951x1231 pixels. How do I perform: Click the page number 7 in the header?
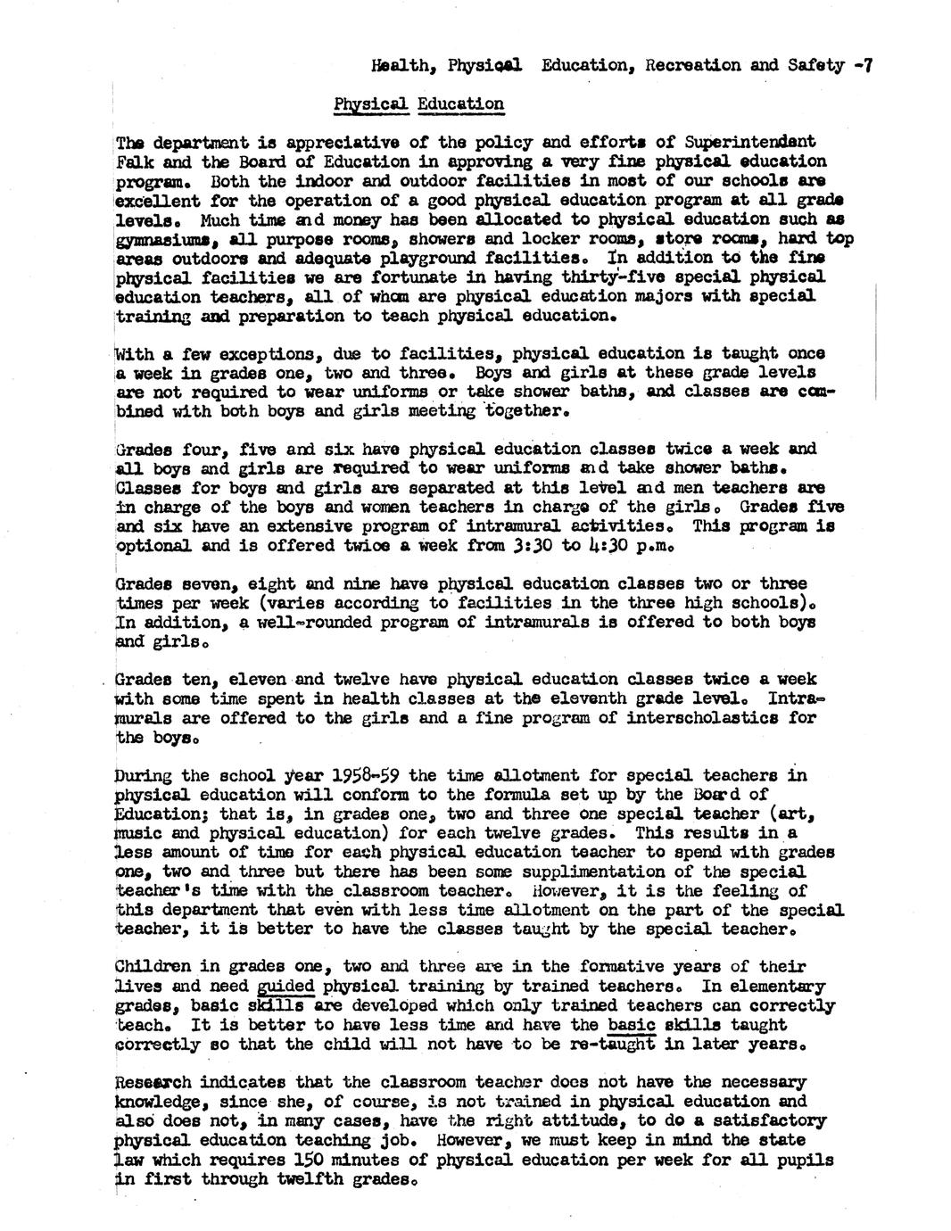tap(866, 64)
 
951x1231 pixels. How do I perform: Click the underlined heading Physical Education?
tap(418, 103)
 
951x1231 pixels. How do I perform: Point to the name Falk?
tap(136, 161)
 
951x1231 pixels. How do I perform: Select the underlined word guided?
tap(285, 987)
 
